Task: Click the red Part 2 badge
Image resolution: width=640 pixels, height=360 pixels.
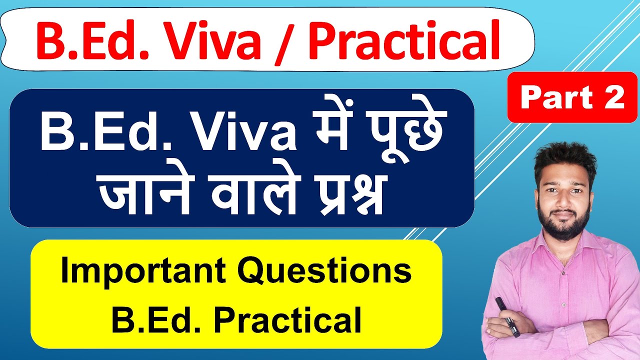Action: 572,97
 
